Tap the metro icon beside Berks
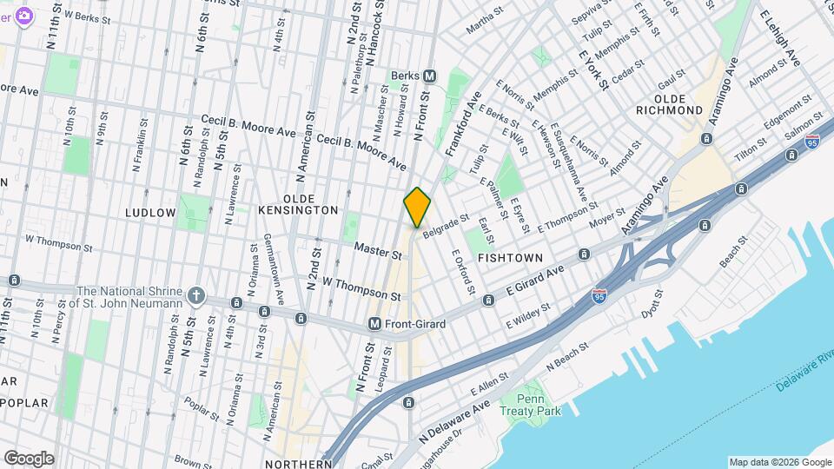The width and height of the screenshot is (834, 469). (442, 76)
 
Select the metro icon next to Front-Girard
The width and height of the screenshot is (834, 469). (375, 323)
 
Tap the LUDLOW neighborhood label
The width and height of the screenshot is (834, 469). (150, 213)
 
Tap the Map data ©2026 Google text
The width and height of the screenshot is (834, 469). (778, 462)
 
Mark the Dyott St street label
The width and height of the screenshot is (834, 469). (651, 302)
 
